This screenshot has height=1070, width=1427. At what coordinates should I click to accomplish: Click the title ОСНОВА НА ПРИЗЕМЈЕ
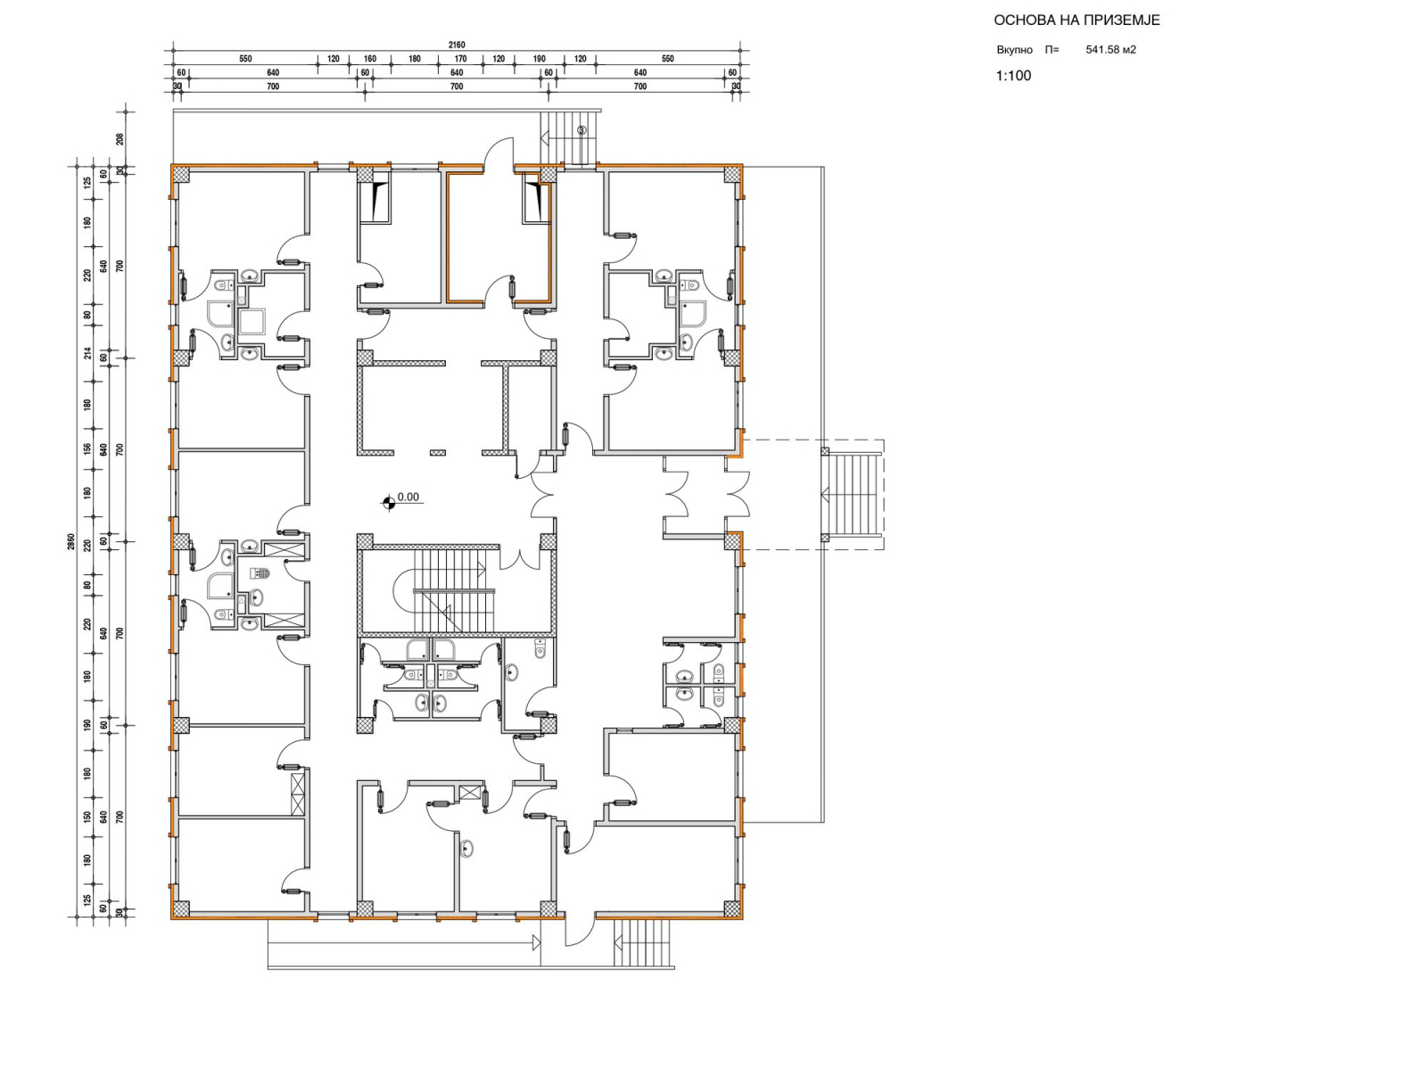point(1076,21)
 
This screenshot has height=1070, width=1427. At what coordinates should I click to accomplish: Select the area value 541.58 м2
point(1111,49)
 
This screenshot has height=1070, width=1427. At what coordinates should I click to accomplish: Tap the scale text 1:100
point(1013,76)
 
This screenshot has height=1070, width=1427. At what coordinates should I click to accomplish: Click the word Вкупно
point(1014,50)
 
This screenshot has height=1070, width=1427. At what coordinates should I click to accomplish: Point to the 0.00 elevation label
point(408,497)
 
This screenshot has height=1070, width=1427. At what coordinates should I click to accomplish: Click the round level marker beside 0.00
point(389,501)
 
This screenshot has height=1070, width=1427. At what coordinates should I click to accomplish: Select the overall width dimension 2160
point(457,45)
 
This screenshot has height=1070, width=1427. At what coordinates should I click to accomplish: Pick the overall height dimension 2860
point(70,542)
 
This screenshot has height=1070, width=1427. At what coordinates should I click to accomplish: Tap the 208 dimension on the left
point(120,138)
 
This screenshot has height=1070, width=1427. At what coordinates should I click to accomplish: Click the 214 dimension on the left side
point(87,353)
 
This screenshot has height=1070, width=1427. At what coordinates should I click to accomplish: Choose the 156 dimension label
point(87,449)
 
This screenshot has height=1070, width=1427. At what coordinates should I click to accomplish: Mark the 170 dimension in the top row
point(460,59)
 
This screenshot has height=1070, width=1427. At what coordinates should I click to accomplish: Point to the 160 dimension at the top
point(370,59)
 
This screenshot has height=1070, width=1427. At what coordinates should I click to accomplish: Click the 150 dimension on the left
point(87,816)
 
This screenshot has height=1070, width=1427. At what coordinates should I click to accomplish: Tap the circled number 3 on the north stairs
point(582,130)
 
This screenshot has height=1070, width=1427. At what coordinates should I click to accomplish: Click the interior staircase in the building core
point(455,590)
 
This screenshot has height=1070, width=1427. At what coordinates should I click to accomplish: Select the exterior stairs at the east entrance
point(852,495)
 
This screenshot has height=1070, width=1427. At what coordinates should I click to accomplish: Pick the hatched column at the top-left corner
point(181,174)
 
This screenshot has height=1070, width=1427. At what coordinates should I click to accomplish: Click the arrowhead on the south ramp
point(536,942)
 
